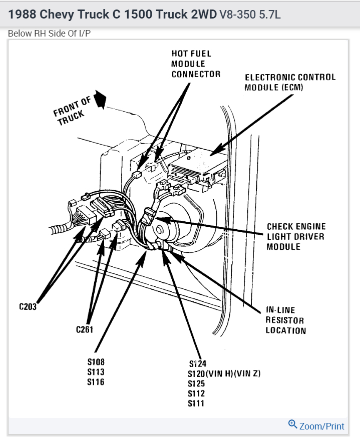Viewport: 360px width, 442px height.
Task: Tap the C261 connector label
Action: click(85, 329)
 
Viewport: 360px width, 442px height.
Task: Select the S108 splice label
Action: click(96, 361)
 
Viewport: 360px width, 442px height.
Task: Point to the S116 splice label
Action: click(96, 382)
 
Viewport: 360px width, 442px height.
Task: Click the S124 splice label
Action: click(198, 363)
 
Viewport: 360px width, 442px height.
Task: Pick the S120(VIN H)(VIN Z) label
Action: click(224, 373)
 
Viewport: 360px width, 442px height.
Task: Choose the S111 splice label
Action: click(196, 403)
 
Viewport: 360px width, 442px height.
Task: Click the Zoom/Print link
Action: click(321, 426)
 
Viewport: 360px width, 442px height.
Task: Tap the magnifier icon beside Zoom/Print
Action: click(293, 424)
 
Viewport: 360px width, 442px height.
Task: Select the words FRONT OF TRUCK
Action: click(73, 112)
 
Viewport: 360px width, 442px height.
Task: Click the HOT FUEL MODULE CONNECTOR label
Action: click(195, 64)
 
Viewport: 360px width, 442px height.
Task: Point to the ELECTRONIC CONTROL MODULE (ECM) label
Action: click(289, 82)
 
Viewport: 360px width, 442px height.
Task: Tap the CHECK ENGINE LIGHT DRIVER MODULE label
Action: click(295, 237)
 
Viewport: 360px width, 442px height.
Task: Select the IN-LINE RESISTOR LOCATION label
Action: click(285, 320)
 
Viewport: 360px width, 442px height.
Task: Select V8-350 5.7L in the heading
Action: click(250, 15)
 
